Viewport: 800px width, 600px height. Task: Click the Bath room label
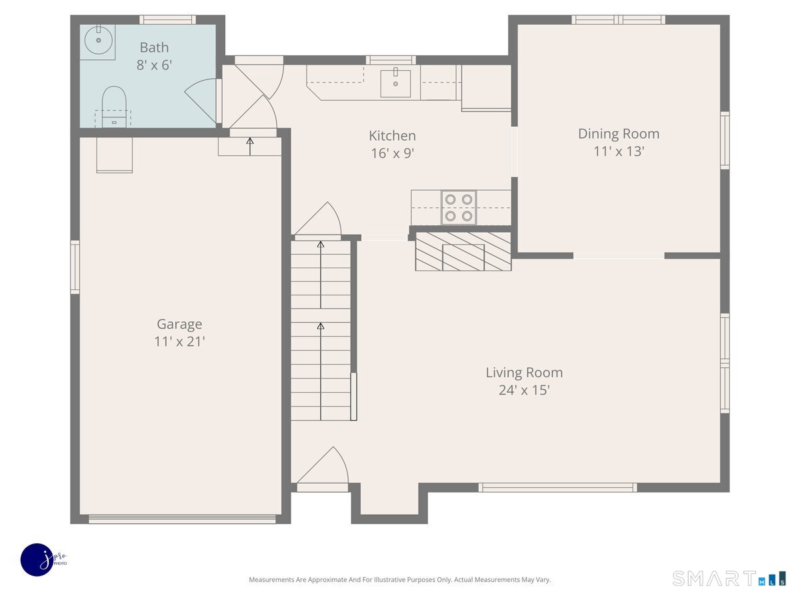tap(154, 47)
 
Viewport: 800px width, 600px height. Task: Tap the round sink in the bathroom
tap(98, 40)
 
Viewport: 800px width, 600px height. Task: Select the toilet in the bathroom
tap(114, 107)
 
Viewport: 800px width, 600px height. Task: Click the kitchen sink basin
tap(395, 83)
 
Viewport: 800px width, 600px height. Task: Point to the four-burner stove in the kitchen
tap(459, 207)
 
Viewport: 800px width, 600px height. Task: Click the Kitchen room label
tap(392, 135)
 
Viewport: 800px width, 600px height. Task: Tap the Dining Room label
tap(619, 134)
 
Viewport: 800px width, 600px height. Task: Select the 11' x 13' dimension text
tap(619, 151)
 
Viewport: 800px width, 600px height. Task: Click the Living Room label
tap(524, 372)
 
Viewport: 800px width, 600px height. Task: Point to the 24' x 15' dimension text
tap(524, 390)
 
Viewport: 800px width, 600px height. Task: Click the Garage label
tap(179, 324)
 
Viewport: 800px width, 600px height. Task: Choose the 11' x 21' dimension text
tap(179, 341)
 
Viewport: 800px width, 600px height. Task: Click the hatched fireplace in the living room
tap(463, 251)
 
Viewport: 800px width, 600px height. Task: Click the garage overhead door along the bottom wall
tap(182, 519)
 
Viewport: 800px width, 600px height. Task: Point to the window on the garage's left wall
tap(75, 267)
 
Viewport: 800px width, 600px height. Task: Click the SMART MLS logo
tap(729, 578)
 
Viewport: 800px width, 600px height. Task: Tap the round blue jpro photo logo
tap(37, 560)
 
